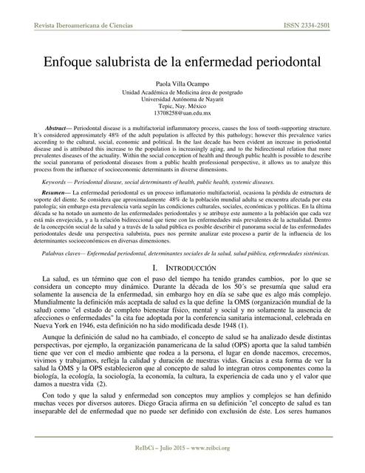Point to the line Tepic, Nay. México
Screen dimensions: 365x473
182,105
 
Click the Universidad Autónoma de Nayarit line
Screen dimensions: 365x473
182,98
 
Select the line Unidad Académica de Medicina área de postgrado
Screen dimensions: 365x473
182,92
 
